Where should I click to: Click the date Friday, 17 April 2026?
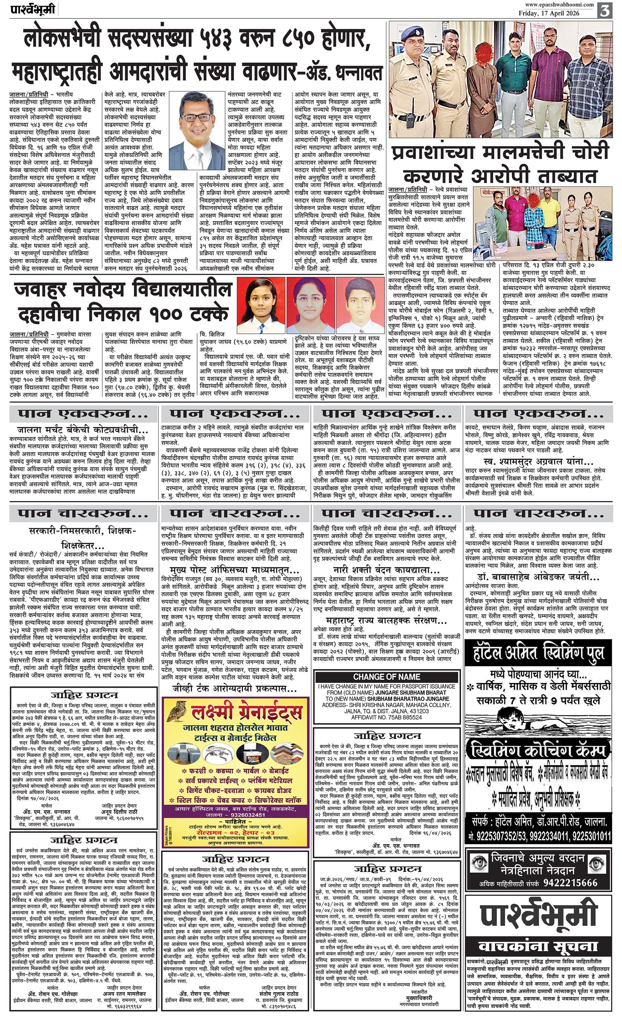(x=549, y=13)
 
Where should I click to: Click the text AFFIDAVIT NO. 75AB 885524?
(x=386, y=717)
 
